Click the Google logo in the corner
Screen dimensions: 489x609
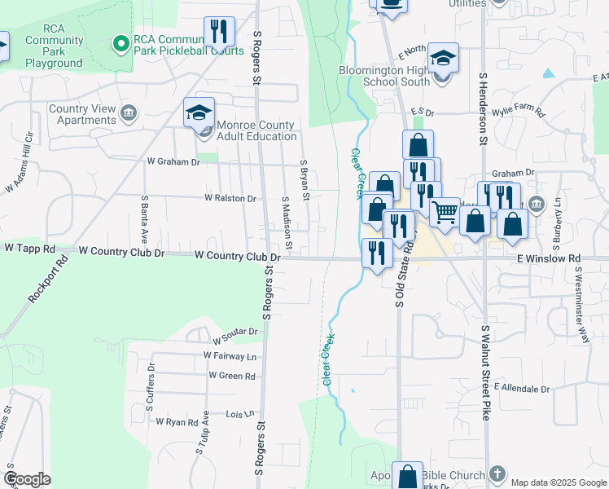(27, 479)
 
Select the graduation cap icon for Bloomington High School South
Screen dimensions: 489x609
(442, 58)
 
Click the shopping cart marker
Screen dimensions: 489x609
(445, 212)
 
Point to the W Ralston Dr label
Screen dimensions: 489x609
(230, 197)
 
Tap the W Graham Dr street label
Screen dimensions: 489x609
(173, 162)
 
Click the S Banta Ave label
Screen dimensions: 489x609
(144, 218)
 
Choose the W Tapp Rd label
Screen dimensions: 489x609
(29, 247)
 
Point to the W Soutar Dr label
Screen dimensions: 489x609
(235, 333)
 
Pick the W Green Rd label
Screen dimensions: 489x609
(232, 376)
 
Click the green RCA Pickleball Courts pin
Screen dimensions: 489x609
(121, 43)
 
